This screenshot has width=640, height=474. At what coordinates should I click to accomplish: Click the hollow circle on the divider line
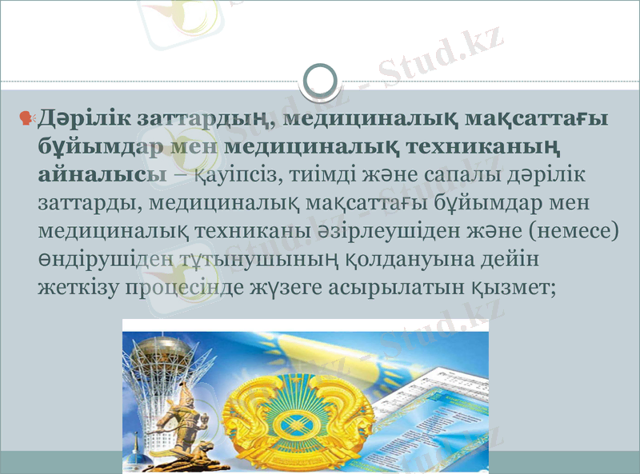320,80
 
